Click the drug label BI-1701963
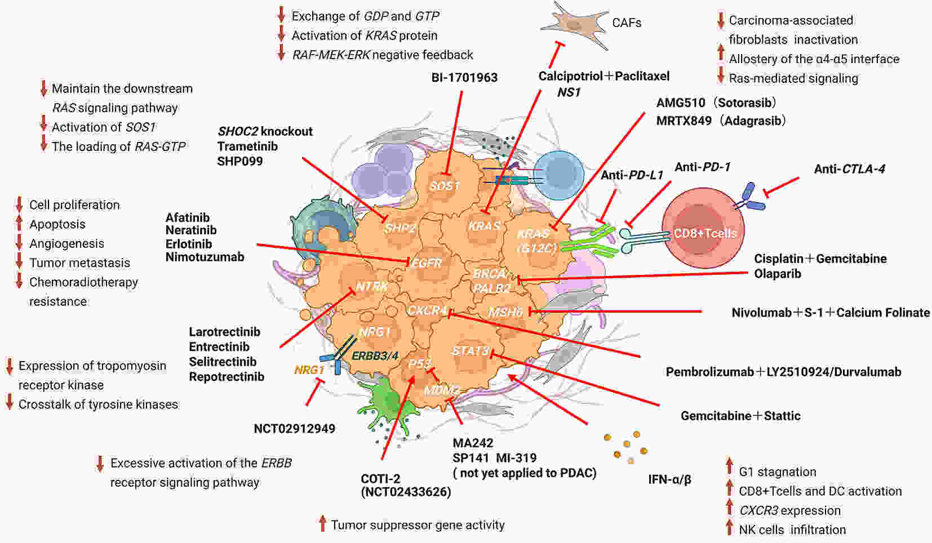[x=464, y=78]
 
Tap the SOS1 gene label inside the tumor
[x=445, y=186]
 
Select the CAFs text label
[x=627, y=23]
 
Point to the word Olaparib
[x=778, y=274]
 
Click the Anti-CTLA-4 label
[x=850, y=169]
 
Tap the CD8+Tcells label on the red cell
[x=705, y=233]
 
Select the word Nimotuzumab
[x=205, y=257]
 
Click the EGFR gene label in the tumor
[x=426, y=262]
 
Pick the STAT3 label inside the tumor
[x=471, y=351]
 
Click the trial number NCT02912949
[x=295, y=429]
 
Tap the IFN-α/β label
[x=669, y=480]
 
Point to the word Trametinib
[x=247, y=146]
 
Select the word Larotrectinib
[x=225, y=332]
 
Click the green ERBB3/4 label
[x=375, y=356]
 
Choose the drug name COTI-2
[x=381, y=479]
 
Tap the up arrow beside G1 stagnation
[x=729, y=466]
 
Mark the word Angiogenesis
[x=66, y=244]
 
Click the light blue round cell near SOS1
[x=558, y=175]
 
